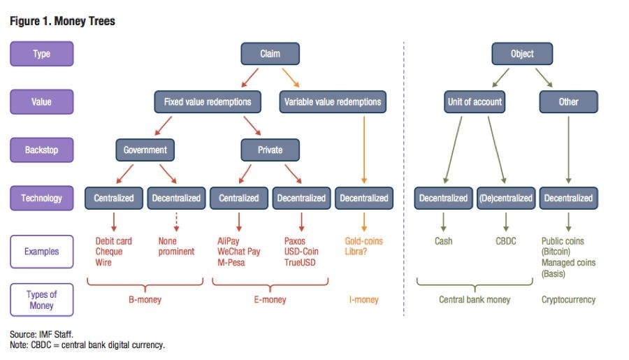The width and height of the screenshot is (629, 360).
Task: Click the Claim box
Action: coord(270,54)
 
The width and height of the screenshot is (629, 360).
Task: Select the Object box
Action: coord(522,54)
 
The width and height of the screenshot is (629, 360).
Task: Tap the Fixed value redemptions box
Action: coord(208,102)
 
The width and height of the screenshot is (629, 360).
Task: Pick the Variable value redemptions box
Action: coord(333,102)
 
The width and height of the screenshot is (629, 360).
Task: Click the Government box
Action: coord(145,150)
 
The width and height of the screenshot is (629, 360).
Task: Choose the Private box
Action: coord(270,150)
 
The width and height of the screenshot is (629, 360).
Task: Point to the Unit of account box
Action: coord(475,102)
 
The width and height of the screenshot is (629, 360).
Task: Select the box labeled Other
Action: coord(568,102)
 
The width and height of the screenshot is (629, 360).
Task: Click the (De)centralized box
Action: coord(506,199)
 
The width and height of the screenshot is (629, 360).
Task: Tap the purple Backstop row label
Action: coord(42,150)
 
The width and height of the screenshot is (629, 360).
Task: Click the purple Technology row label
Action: coord(42,199)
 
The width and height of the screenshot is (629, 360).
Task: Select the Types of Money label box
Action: coord(42,300)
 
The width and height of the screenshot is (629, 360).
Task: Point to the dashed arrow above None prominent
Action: coord(176,222)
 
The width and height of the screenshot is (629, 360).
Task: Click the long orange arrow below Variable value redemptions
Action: coord(364,150)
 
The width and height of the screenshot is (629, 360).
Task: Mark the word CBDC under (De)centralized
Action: coord(506,241)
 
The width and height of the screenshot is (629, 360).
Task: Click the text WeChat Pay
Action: coord(239,252)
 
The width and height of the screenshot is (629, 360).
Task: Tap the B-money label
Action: coord(145,300)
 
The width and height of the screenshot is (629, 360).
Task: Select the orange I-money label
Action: coord(364,300)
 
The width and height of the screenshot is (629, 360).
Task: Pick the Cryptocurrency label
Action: coord(568,300)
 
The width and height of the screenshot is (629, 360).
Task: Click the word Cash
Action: coord(443,241)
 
